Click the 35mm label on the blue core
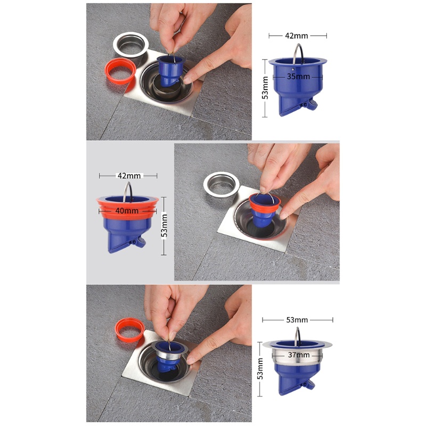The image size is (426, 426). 298,77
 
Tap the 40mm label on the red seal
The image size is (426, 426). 127,211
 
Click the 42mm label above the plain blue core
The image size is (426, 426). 297,36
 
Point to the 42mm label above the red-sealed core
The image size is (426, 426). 128,175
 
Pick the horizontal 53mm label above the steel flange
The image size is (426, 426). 297,319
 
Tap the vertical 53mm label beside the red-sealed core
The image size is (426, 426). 165,225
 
